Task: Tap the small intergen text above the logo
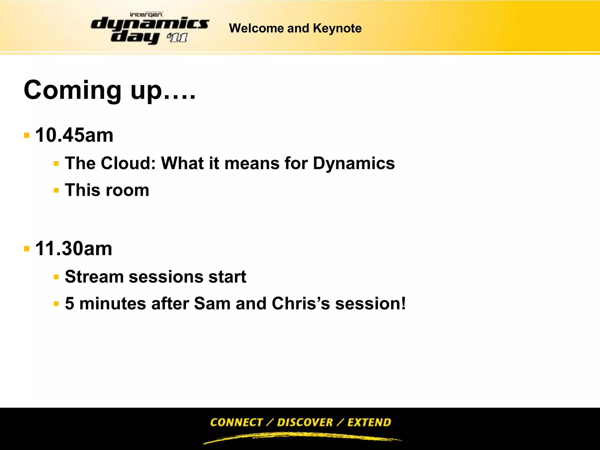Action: pyautogui.click(x=146, y=14)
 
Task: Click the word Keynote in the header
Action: pyautogui.click(x=337, y=28)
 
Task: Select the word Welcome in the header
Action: pyautogui.click(x=256, y=28)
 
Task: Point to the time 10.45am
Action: pyautogui.click(x=74, y=135)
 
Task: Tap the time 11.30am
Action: pyautogui.click(x=74, y=249)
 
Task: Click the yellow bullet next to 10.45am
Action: pyautogui.click(x=27, y=135)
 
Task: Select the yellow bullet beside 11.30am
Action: pyautogui.click(x=27, y=249)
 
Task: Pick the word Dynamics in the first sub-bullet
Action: pyautogui.click(x=354, y=163)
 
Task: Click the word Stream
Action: pyautogui.click(x=94, y=277)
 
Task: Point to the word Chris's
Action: pyautogui.click(x=301, y=304)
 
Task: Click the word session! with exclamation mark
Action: pyautogui.click(x=370, y=304)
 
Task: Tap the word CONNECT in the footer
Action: pyautogui.click(x=236, y=422)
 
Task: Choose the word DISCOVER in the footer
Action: pyautogui.click(x=305, y=422)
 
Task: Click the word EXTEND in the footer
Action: pyautogui.click(x=369, y=422)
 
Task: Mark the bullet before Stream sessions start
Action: pyautogui.click(x=56, y=277)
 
